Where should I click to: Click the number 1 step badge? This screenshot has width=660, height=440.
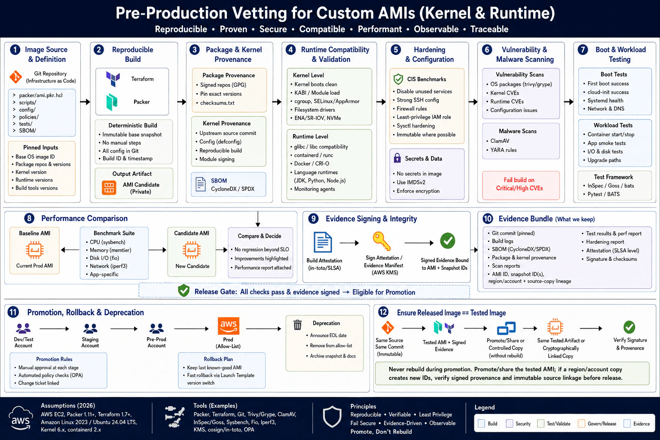click(15, 49)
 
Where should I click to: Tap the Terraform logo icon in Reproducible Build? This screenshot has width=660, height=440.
click(113, 79)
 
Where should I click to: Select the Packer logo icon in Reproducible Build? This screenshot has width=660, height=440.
click(112, 102)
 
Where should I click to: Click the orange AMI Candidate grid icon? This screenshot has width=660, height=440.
click(109, 188)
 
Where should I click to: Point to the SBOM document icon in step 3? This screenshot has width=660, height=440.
click(201, 184)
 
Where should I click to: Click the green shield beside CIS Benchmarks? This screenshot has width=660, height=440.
click(398, 79)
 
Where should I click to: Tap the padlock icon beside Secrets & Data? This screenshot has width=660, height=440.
click(397, 158)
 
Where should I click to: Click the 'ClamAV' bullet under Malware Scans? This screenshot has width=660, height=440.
click(500, 141)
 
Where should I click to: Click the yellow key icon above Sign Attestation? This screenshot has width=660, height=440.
click(382, 241)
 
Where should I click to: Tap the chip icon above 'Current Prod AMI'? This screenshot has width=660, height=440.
click(35, 250)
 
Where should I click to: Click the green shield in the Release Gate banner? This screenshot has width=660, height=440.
click(183, 290)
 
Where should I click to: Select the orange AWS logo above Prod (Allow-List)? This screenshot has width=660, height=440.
click(228, 326)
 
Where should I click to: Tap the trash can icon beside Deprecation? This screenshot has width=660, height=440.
click(298, 325)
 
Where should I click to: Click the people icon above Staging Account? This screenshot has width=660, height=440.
click(90, 328)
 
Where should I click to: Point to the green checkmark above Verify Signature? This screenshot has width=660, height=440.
click(629, 327)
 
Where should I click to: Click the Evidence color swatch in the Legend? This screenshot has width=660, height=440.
click(627, 424)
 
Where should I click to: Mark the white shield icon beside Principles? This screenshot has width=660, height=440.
click(332, 416)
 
